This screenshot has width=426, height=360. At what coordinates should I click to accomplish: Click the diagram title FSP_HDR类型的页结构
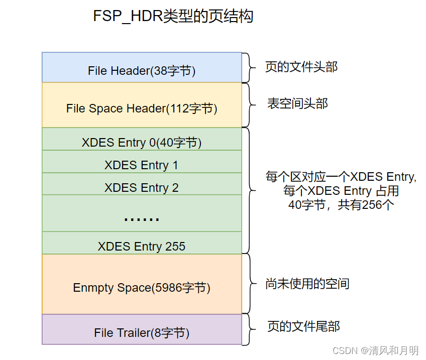173,17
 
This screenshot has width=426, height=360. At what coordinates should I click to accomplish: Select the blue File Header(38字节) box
142,68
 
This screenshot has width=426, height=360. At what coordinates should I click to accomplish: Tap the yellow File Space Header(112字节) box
142,105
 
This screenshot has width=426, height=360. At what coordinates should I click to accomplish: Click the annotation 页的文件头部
301,67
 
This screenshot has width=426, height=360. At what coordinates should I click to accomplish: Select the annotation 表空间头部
297,104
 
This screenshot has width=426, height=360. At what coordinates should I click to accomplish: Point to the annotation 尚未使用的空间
307,284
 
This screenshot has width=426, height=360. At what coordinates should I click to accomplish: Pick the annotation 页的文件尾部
302,327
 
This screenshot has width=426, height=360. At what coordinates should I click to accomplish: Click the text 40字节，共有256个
341,205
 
